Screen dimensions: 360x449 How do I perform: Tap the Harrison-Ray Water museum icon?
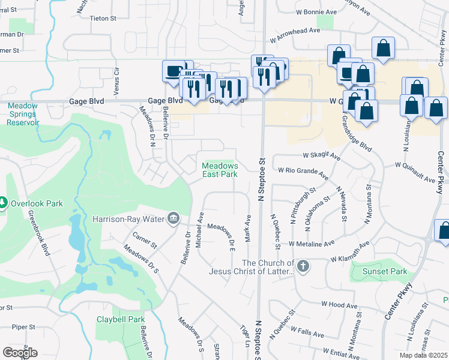click(x=173, y=217)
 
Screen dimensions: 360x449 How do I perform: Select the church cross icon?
click(x=303, y=266)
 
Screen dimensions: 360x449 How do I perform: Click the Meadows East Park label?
click(x=220, y=170)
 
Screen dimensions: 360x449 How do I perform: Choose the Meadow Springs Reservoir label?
click(x=23, y=114)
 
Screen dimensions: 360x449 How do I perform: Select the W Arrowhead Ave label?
click(x=297, y=37)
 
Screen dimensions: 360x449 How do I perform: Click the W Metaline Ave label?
click(x=311, y=244)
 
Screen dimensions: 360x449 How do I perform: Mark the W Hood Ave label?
click(x=340, y=305)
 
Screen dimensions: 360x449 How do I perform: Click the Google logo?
click(x=20, y=352)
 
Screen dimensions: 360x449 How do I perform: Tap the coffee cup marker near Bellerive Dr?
click(x=174, y=71)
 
